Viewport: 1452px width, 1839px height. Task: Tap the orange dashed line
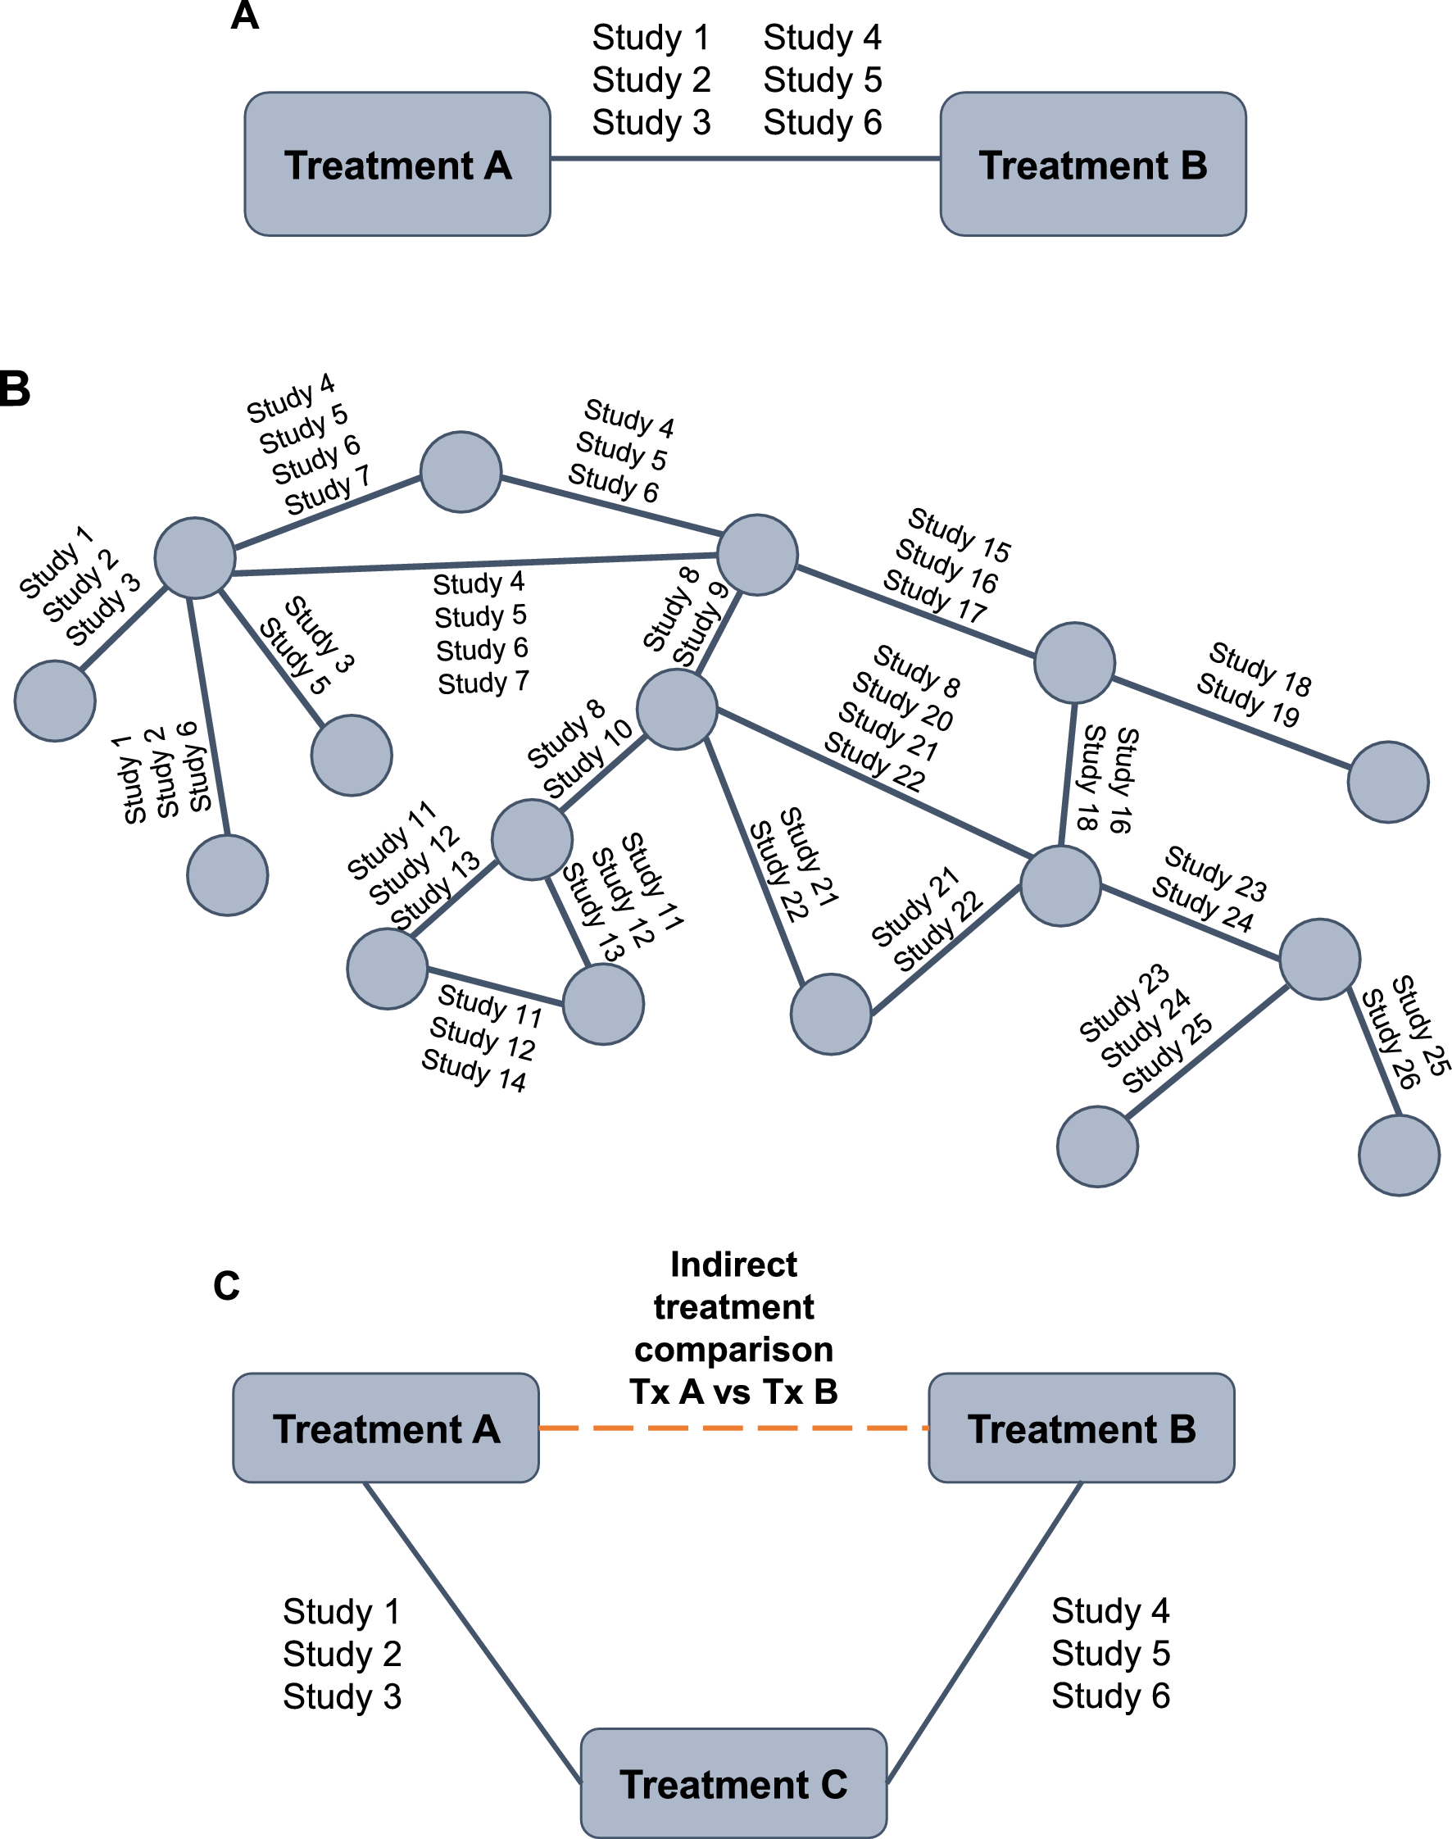733,1428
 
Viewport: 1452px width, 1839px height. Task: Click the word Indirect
733,1265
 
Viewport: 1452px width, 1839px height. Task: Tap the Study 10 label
588,759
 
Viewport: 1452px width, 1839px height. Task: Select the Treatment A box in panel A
397,164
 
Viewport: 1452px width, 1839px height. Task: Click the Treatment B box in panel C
1082,1428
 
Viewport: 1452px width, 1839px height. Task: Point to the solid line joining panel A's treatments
745,158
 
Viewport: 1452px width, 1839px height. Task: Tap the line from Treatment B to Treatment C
984,1632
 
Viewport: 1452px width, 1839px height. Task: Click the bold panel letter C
226,1287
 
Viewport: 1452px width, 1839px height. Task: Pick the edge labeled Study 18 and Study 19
1230,723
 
